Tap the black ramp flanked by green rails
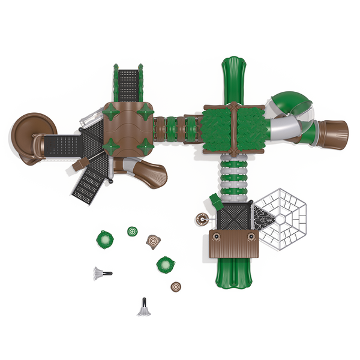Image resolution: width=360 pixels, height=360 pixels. click(128, 84)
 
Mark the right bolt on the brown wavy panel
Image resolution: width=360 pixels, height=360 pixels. click(251, 237)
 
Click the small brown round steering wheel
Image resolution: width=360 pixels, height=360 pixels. click(200, 219)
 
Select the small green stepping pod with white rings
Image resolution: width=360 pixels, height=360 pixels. click(132, 231)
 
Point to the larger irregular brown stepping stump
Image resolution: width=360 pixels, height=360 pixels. click(154, 242)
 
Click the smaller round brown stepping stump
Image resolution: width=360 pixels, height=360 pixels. click(176, 287)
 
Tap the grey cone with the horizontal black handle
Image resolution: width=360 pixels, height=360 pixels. click(100, 274)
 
